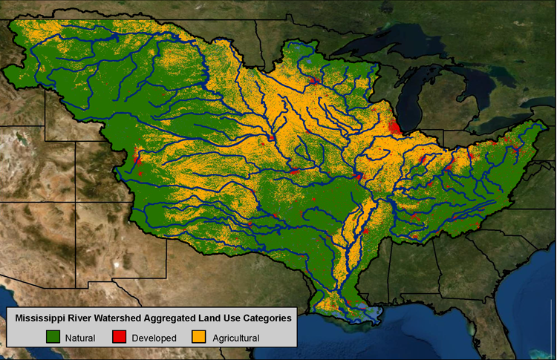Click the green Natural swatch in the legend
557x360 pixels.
[52, 338]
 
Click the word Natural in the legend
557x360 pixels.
[80, 338]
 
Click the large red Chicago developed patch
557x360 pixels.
[394, 128]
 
